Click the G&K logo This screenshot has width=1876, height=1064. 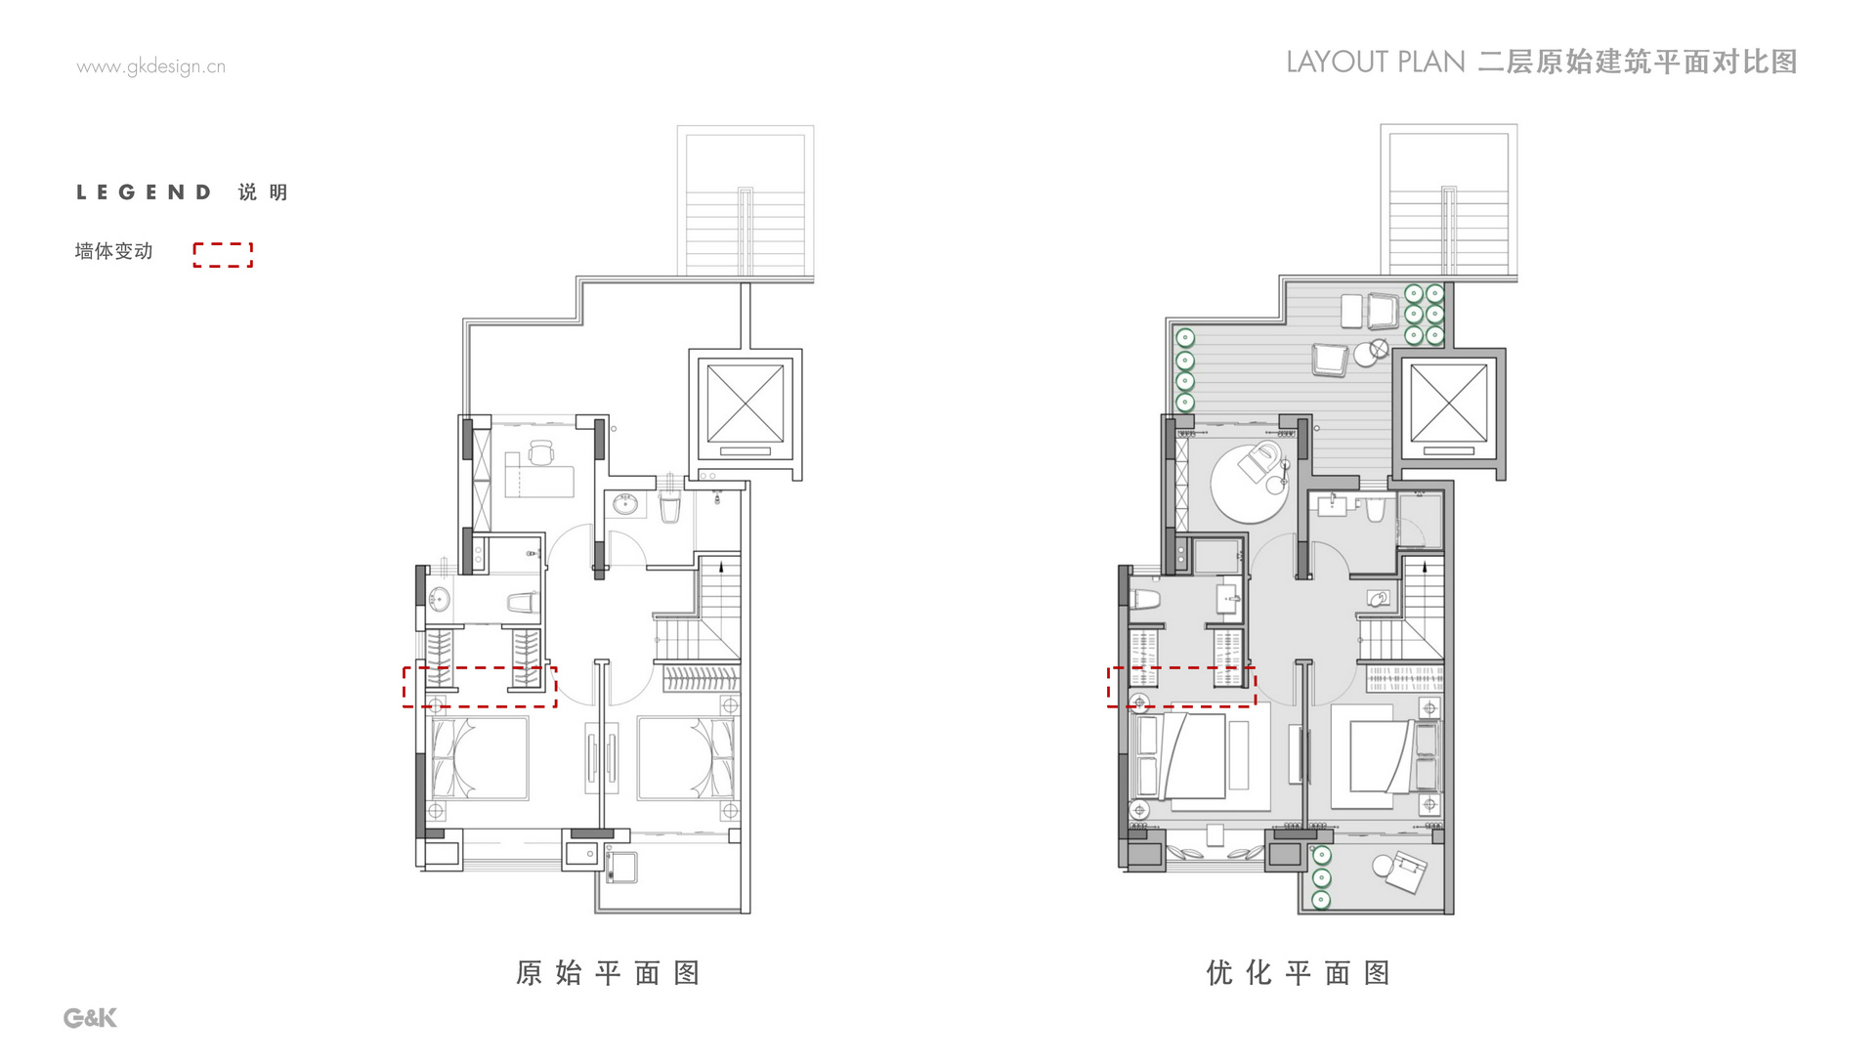(90, 1017)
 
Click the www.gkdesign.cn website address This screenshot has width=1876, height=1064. (150, 66)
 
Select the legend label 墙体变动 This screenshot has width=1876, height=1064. (113, 251)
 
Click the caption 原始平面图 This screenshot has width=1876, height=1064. (608, 973)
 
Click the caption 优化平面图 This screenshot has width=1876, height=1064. (1298, 973)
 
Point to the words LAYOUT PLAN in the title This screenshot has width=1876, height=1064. (1376, 63)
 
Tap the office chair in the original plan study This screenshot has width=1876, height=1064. (540, 452)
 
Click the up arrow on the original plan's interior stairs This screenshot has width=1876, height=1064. (722, 566)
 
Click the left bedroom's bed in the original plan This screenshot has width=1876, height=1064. (480, 758)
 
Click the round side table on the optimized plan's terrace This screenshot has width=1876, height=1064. (1366, 355)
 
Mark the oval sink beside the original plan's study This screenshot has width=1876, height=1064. (624, 504)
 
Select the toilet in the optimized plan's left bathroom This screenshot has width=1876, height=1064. (1144, 599)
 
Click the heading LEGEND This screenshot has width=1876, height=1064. (144, 192)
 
